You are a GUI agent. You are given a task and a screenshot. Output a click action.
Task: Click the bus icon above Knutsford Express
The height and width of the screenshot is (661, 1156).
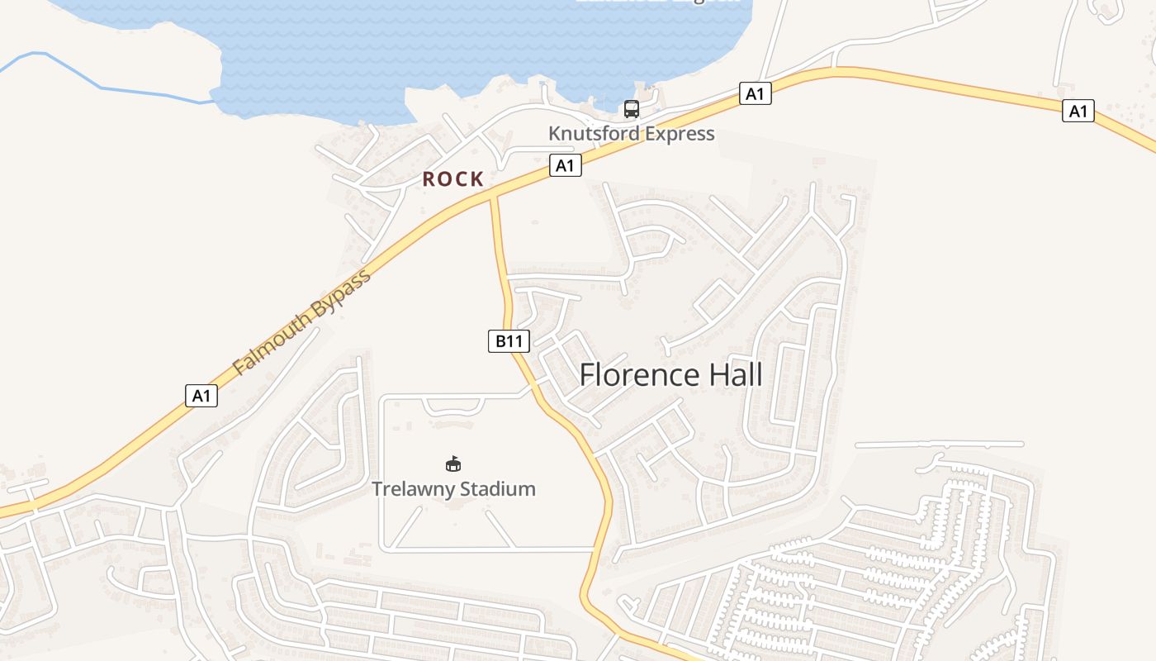click(632, 108)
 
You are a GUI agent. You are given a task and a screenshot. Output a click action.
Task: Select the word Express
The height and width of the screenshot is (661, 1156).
click(678, 133)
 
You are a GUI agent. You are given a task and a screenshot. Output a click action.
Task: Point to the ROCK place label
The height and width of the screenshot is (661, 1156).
click(452, 178)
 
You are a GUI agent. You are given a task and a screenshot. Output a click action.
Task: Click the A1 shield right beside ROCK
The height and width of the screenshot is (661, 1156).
click(565, 166)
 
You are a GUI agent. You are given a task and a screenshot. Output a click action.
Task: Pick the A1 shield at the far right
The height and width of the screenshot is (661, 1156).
click(1078, 111)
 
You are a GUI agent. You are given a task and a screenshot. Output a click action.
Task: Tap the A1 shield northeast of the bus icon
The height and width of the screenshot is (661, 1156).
click(755, 93)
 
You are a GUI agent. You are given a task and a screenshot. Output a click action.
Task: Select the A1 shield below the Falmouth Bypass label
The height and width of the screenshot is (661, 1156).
click(201, 396)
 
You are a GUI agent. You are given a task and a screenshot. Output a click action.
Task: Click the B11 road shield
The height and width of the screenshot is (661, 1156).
click(509, 340)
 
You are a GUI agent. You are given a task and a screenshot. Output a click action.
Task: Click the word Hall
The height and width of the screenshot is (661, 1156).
click(729, 375)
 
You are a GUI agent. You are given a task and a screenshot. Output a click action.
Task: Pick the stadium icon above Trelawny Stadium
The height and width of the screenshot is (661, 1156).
click(452, 464)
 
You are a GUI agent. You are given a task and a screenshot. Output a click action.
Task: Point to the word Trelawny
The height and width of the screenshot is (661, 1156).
click(412, 489)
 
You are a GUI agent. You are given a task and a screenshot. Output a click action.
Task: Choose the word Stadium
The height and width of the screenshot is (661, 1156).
click(497, 489)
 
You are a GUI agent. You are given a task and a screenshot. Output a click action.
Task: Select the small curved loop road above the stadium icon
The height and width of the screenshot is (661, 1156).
click(452, 411)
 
